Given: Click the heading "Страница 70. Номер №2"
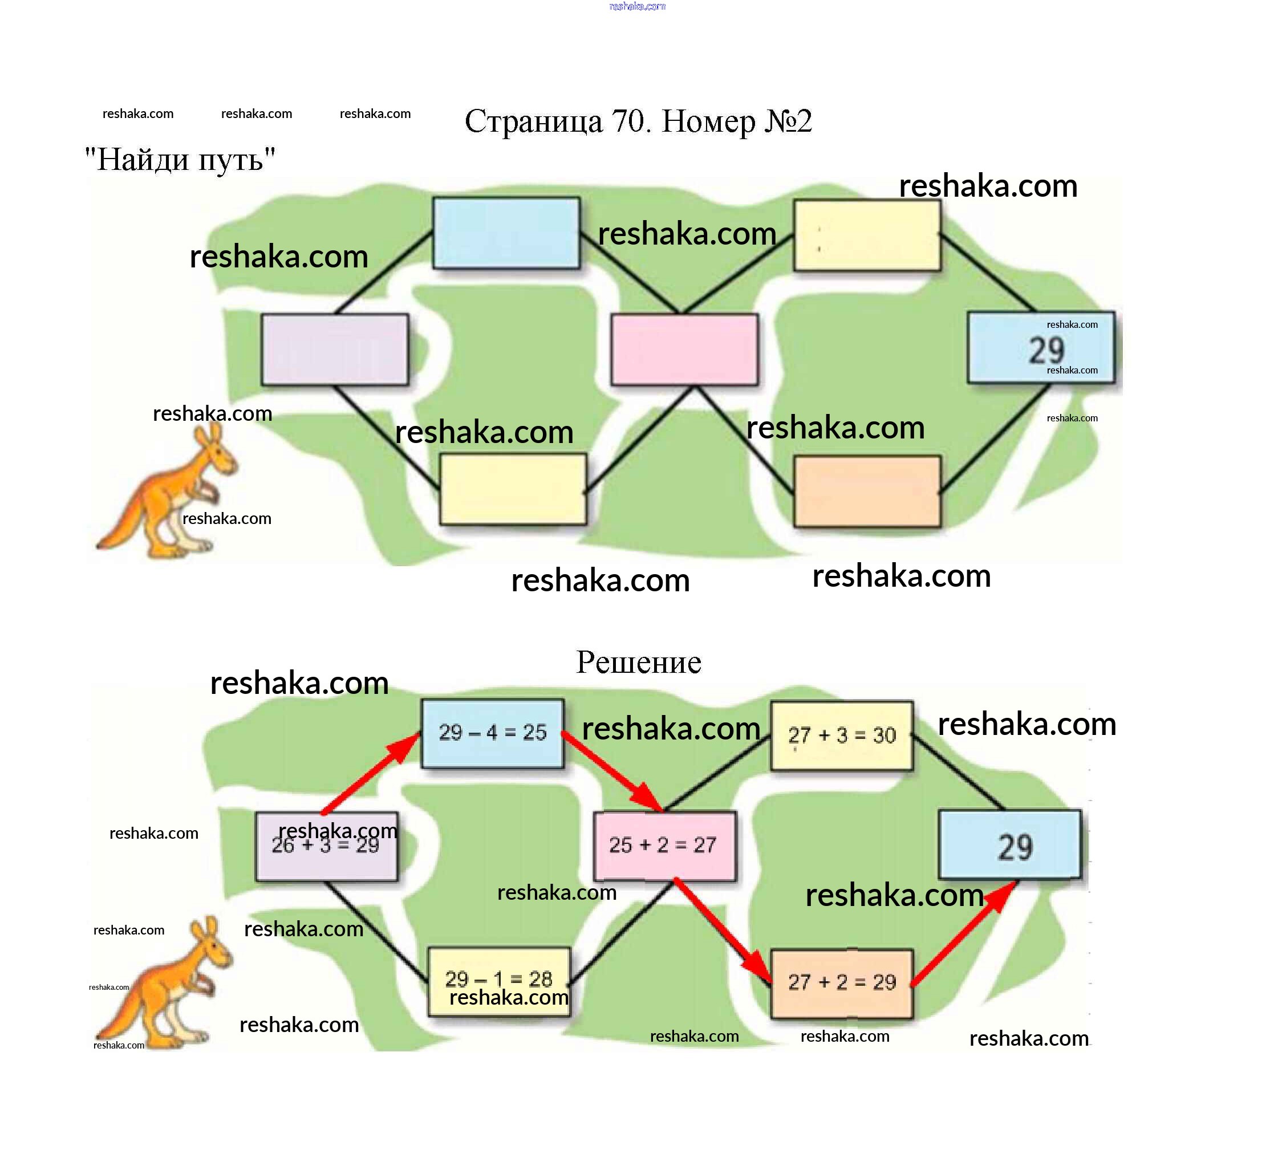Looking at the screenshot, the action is coord(638,121).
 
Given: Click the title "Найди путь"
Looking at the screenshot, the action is coord(180,160).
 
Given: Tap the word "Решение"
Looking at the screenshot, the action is coord(639,663).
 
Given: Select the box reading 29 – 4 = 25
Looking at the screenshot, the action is coord(493,734).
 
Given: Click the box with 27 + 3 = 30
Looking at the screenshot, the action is coord(842,736).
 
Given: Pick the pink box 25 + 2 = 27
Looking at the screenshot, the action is coord(664,846).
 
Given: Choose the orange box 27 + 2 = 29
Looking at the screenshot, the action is coord(842,984).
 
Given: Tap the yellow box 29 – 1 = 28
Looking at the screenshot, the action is coord(499,981).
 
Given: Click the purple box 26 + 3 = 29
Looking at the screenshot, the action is coord(327,846).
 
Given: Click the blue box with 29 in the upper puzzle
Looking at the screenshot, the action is coord(1041,347).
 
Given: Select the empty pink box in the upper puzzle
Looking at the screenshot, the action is coord(684,350).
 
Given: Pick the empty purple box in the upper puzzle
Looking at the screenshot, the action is coord(335,350).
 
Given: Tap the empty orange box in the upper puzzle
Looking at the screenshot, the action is coord(867,491).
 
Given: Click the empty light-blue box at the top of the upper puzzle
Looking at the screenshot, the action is coord(506,233).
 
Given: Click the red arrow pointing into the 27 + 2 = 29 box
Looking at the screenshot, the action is coord(724,933).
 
